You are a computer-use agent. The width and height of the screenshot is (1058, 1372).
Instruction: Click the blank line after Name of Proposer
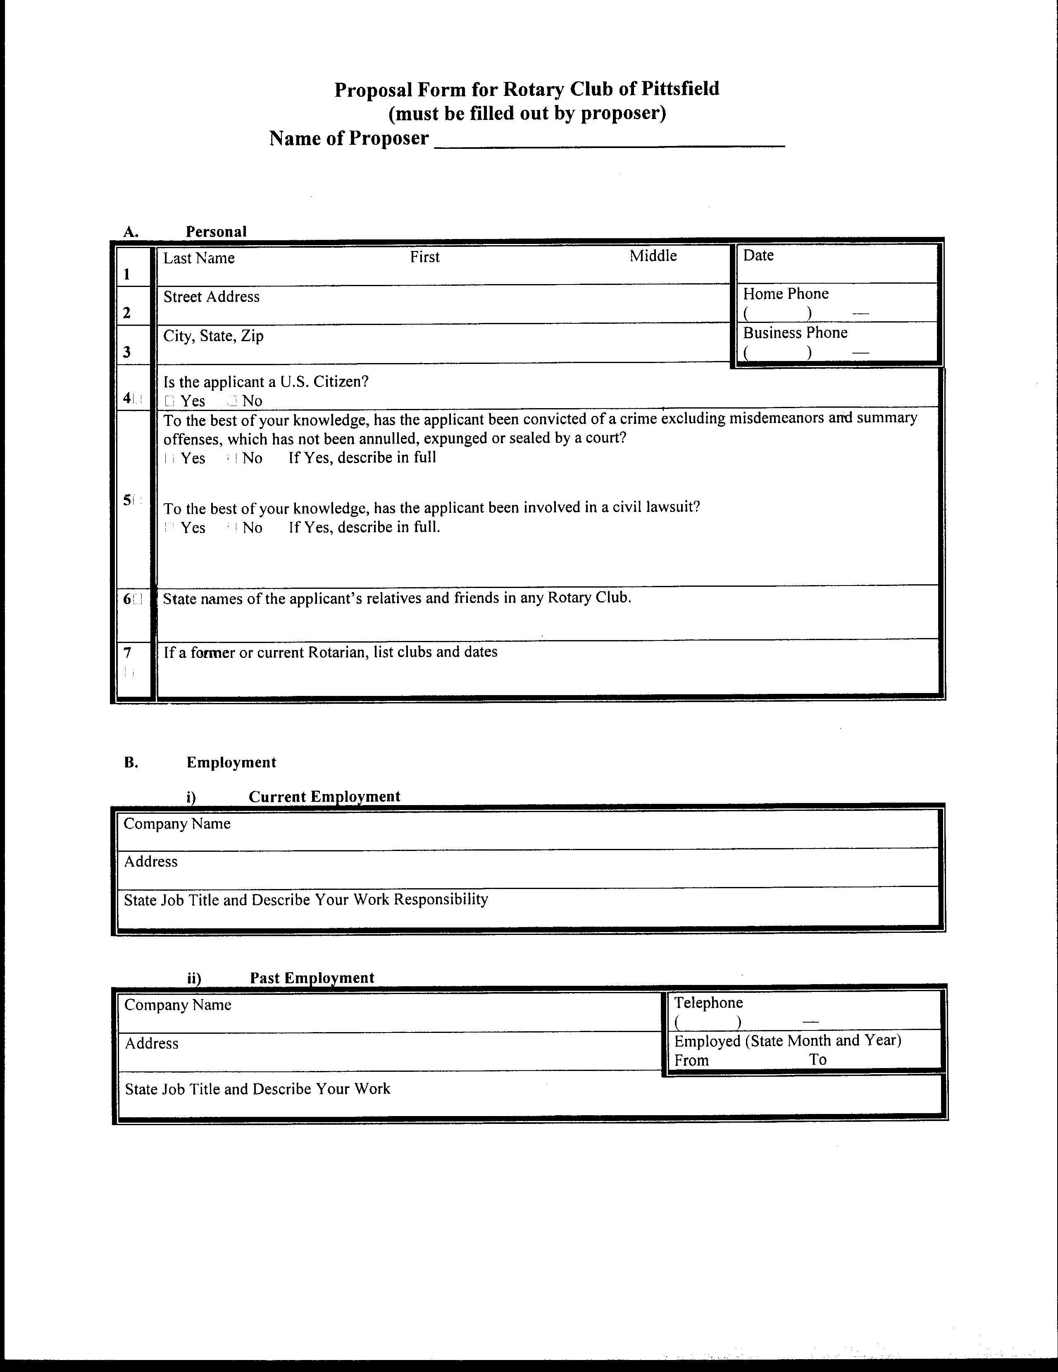[x=609, y=141]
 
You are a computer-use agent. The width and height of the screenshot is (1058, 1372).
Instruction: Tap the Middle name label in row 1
[x=653, y=256]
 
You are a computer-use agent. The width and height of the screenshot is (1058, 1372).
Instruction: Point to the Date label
[x=758, y=255]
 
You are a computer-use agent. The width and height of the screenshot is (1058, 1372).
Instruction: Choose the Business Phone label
[x=795, y=332]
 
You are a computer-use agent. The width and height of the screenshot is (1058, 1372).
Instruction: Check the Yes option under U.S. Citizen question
[x=169, y=401]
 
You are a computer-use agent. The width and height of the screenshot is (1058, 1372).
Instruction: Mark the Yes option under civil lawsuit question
[x=169, y=527]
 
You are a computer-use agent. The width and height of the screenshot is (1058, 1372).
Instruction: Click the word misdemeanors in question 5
[x=776, y=418]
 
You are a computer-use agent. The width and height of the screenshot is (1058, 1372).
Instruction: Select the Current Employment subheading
[x=324, y=796]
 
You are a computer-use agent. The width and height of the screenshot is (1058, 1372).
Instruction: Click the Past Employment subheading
[x=312, y=978]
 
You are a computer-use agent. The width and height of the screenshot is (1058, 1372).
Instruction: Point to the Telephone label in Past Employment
[x=708, y=1003]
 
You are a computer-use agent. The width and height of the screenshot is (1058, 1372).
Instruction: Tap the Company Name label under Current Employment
[x=177, y=824]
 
